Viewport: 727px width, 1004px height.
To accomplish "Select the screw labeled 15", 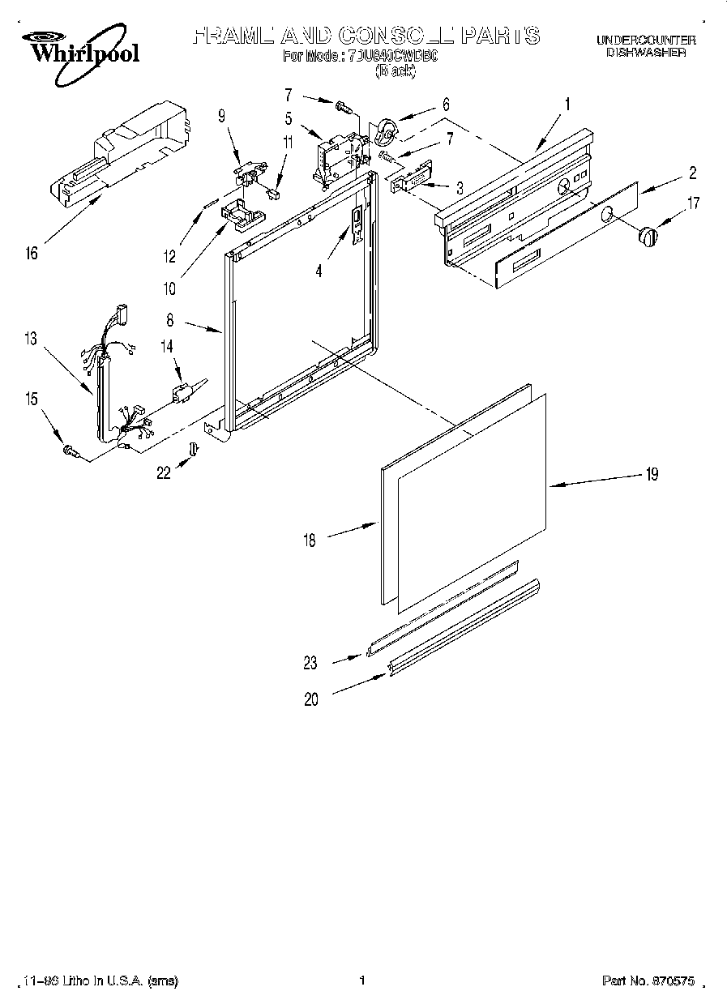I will click(x=70, y=451).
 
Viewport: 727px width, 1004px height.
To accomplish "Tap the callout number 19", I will click(x=652, y=475).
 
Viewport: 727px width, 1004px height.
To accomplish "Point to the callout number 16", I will click(x=32, y=254).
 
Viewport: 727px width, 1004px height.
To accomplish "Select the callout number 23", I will click(x=311, y=663).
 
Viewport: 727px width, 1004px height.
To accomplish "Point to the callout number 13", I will click(x=31, y=340).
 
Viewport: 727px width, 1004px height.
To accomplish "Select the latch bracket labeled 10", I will click(x=241, y=211).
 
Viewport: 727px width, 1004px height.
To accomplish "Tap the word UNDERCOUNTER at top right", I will click(x=646, y=40).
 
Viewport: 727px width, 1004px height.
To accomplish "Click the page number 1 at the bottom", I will click(x=362, y=981).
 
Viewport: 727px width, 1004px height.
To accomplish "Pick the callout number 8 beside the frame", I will click(x=169, y=321).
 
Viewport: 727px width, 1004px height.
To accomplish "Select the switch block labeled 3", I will click(x=410, y=177).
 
